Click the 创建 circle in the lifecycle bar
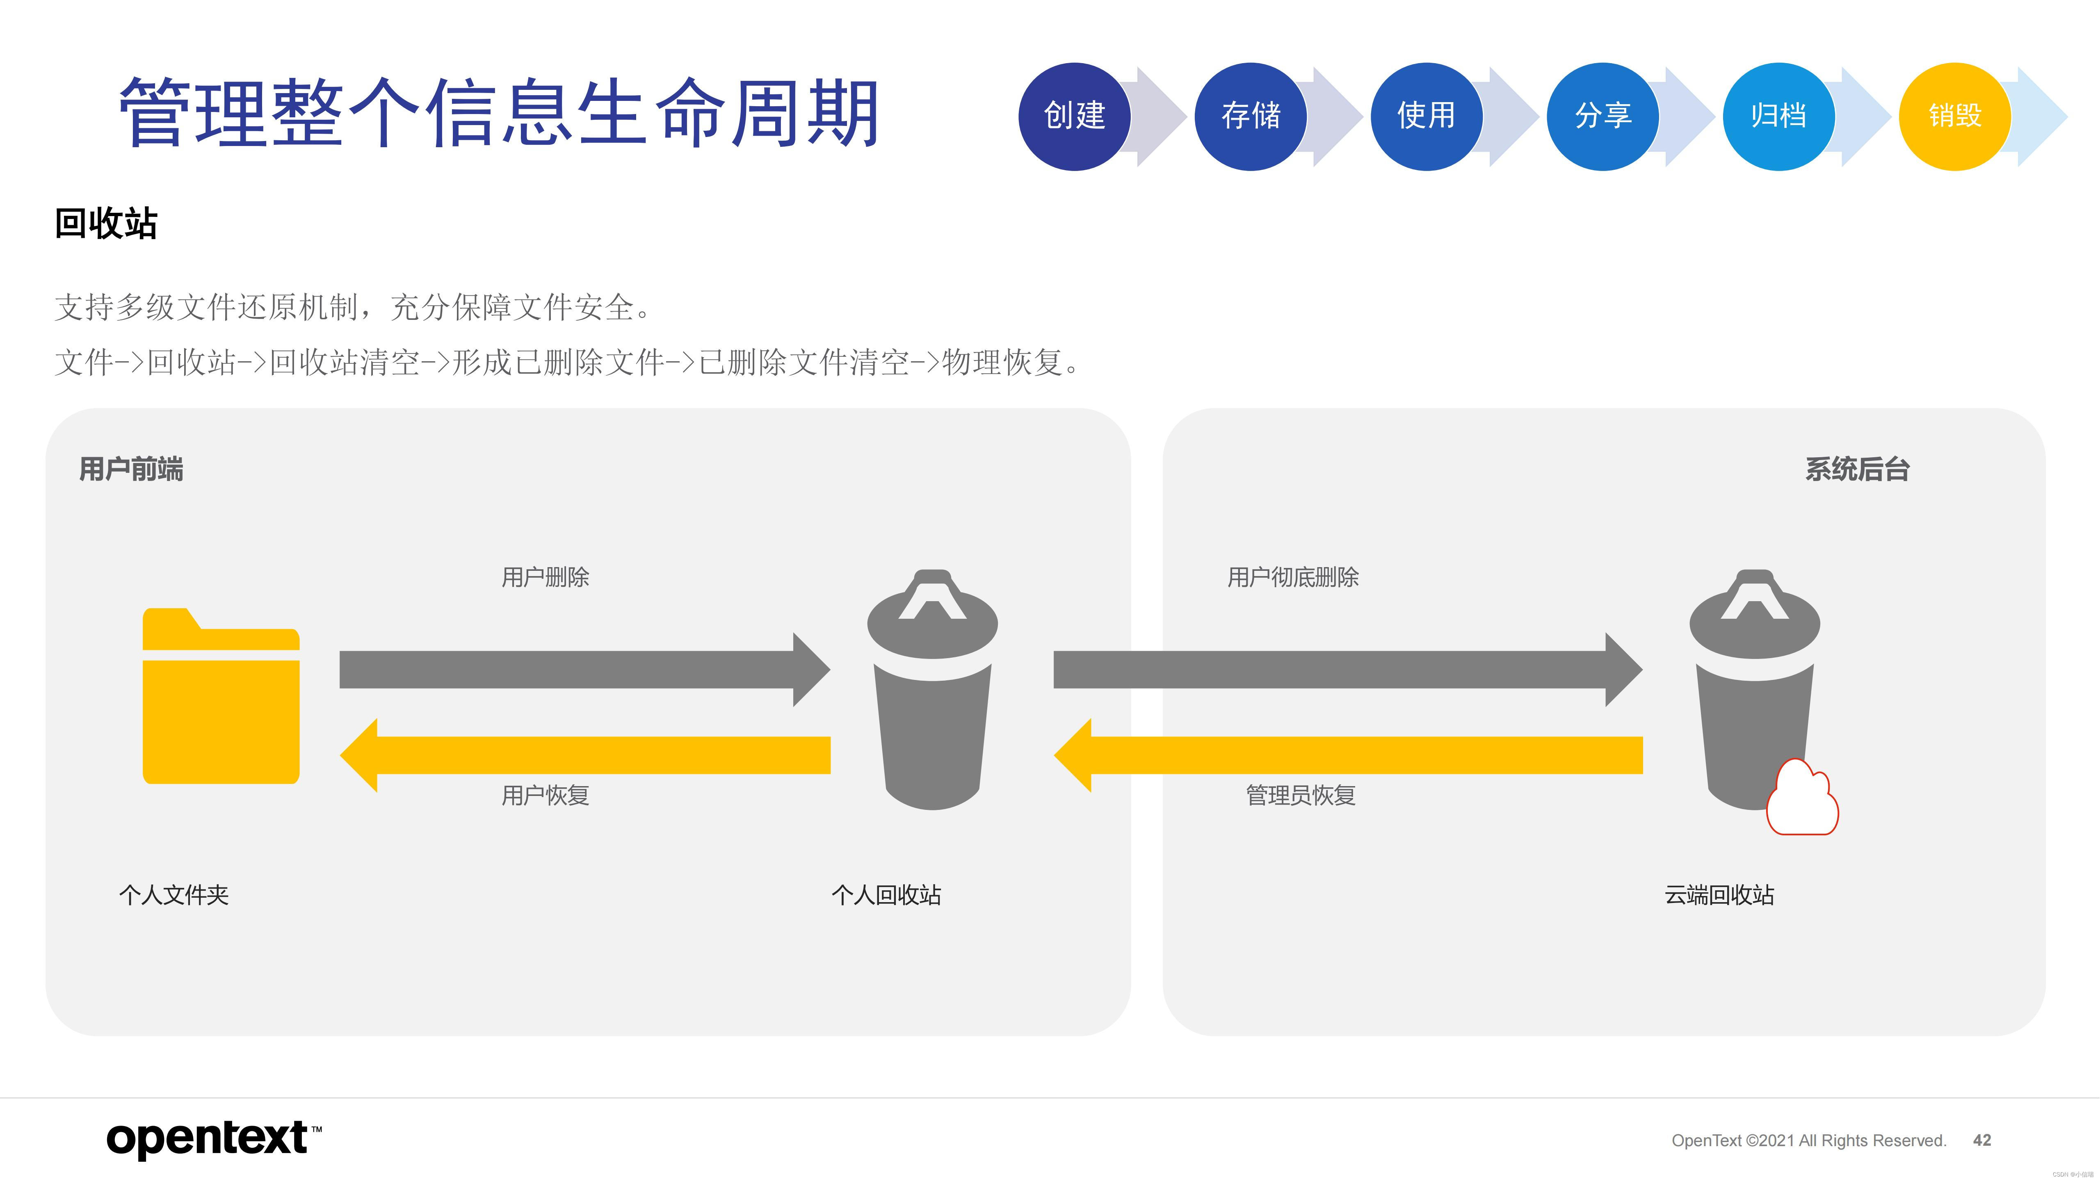point(1075,116)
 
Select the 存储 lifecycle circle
point(1251,116)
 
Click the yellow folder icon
point(221,697)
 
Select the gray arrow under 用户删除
point(584,669)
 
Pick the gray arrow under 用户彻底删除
point(1347,669)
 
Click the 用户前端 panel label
point(131,470)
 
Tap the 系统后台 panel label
point(1857,470)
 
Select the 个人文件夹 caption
point(173,895)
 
